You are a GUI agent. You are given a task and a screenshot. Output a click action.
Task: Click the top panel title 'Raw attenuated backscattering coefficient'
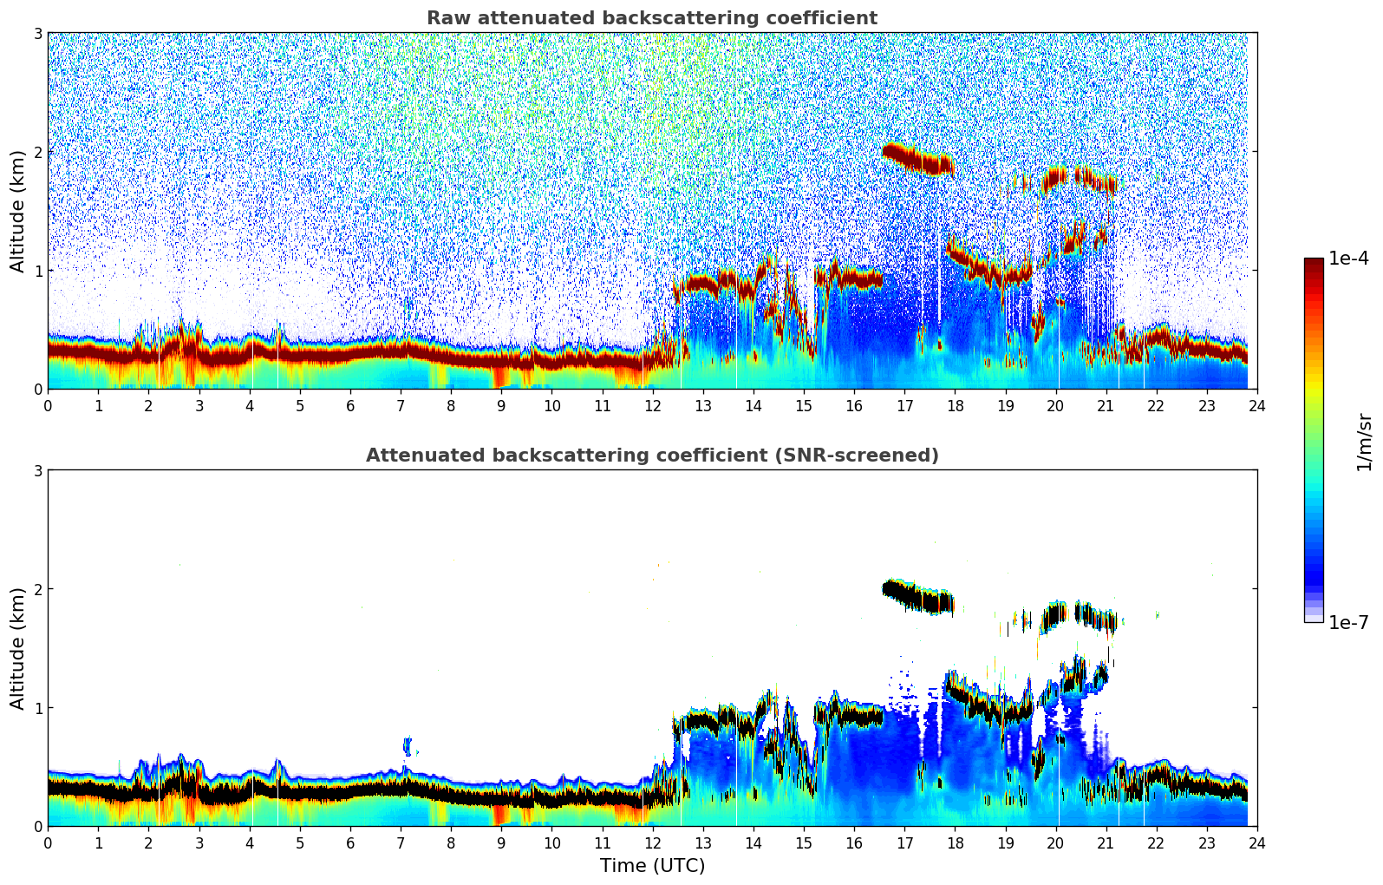coord(651,18)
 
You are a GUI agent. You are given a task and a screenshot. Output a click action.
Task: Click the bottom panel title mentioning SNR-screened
coord(651,456)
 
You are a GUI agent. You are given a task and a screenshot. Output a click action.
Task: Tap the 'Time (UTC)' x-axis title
coord(652,866)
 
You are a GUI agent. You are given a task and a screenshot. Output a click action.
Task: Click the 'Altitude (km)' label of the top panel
coord(18,211)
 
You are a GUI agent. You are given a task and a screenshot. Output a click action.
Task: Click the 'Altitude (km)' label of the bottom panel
coord(18,648)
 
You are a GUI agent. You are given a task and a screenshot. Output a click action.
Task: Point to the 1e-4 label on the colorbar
coord(1348,259)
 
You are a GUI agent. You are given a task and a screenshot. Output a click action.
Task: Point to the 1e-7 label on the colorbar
coord(1348,622)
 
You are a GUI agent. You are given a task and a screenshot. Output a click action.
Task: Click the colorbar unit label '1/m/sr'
coord(1364,442)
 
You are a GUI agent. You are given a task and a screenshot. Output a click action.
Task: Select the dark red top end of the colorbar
coord(1314,263)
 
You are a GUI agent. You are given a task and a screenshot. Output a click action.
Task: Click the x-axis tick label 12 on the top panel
coord(652,406)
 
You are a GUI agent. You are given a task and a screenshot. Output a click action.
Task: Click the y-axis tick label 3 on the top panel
coord(37,34)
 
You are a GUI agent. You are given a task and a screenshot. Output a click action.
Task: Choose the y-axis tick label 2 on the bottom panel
coord(37,589)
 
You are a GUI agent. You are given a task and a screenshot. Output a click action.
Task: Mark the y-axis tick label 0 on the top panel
coord(37,390)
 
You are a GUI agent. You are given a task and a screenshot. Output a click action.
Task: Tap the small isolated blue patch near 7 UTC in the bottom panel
coord(408,745)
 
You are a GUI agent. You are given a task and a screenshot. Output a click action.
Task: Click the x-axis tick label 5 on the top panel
coord(300,406)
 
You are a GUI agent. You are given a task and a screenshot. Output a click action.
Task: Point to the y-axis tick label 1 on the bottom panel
coord(37,708)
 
